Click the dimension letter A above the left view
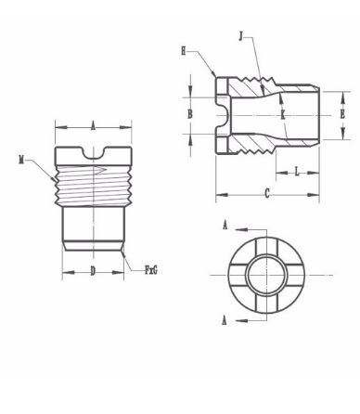coord(93,126)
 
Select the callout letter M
coord(21,161)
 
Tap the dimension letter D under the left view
coord(93,271)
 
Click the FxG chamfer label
coord(151,270)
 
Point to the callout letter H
coord(184,51)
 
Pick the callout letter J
coord(241,36)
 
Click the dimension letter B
coord(190,114)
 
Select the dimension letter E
coord(342,114)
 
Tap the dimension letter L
coord(297,172)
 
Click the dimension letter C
coord(267,194)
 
